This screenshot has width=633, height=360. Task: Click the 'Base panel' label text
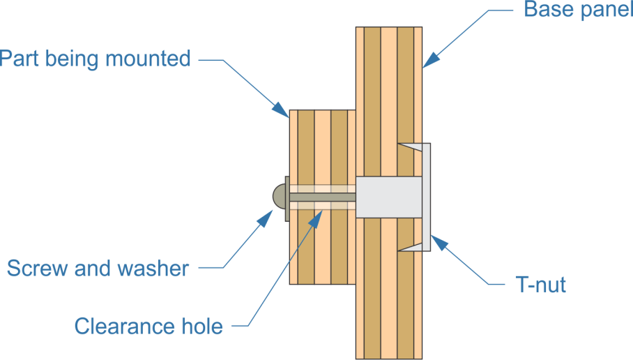click(x=577, y=10)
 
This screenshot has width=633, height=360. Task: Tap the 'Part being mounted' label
click(x=95, y=59)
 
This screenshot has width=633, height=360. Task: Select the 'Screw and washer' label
click(x=97, y=268)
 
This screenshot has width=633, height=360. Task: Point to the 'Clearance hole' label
click(x=148, y=326)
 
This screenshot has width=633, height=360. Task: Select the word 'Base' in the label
click(x=547, y=10)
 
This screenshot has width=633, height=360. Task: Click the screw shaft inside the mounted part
click(x=321, y=198)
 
